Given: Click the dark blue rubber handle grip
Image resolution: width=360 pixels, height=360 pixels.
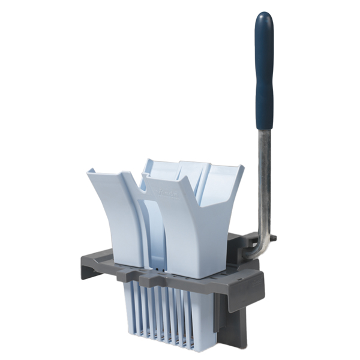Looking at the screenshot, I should tap(264, 72).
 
